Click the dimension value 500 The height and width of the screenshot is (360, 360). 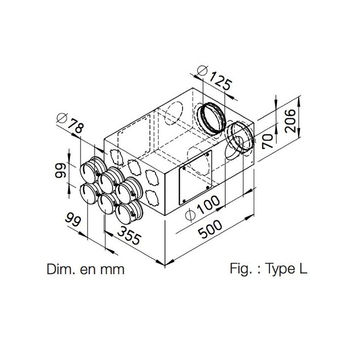210,229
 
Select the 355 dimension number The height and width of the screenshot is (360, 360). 129,235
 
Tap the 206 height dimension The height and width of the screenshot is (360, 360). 290,121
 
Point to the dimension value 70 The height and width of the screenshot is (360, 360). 267,141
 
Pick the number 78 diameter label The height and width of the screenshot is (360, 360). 76,125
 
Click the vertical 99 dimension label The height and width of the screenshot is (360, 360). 60,170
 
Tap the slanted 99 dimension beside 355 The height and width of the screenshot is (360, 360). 73,219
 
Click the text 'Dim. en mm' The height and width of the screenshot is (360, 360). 85,269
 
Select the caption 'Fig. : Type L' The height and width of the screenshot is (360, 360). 268,268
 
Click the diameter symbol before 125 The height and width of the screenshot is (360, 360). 202,70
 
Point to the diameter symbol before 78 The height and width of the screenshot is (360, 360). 62,118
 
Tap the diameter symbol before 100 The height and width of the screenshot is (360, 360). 190,215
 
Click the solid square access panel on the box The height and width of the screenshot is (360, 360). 195,177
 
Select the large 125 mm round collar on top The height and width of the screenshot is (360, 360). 211,118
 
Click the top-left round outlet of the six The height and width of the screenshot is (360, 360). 88,171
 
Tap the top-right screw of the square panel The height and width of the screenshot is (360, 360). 207,154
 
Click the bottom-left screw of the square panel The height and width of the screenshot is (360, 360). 184,201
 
